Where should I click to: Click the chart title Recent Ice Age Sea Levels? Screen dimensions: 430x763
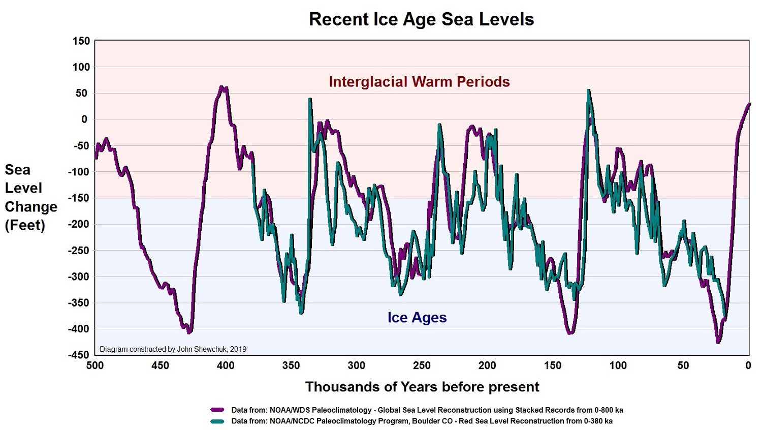tap(421, 19)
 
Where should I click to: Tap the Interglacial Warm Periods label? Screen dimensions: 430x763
tap(419, 82)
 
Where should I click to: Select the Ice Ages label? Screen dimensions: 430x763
tap(417, 318)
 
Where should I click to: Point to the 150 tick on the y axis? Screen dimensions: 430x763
tap(81, 41)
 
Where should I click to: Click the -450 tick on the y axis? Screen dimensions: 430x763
tap(79, 355)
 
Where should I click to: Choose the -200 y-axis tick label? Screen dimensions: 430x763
tap(79, 224)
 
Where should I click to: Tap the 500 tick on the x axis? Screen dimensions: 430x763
tap(95, 365)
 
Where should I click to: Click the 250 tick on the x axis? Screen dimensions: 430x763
tap(422, 365)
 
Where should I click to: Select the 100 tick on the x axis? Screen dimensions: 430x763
tap(618, 365)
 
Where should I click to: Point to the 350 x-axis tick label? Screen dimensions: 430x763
tap(291, 365)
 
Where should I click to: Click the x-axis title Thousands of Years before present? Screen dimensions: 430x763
tap(422, 387)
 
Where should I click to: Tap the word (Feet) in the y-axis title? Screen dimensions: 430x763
tap(25, 226)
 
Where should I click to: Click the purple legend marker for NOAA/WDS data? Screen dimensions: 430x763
tap(217, 410)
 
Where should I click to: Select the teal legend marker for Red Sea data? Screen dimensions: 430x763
tap(217, 421)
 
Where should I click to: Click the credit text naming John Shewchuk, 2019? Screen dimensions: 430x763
tap(173, 349)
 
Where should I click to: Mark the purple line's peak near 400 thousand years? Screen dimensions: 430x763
tap(221, 87)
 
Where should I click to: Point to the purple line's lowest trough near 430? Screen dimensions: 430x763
tap(188, 332)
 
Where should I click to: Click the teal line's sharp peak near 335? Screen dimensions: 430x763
tap(309, 99)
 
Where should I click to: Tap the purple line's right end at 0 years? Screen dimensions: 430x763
tap(749, 104)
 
